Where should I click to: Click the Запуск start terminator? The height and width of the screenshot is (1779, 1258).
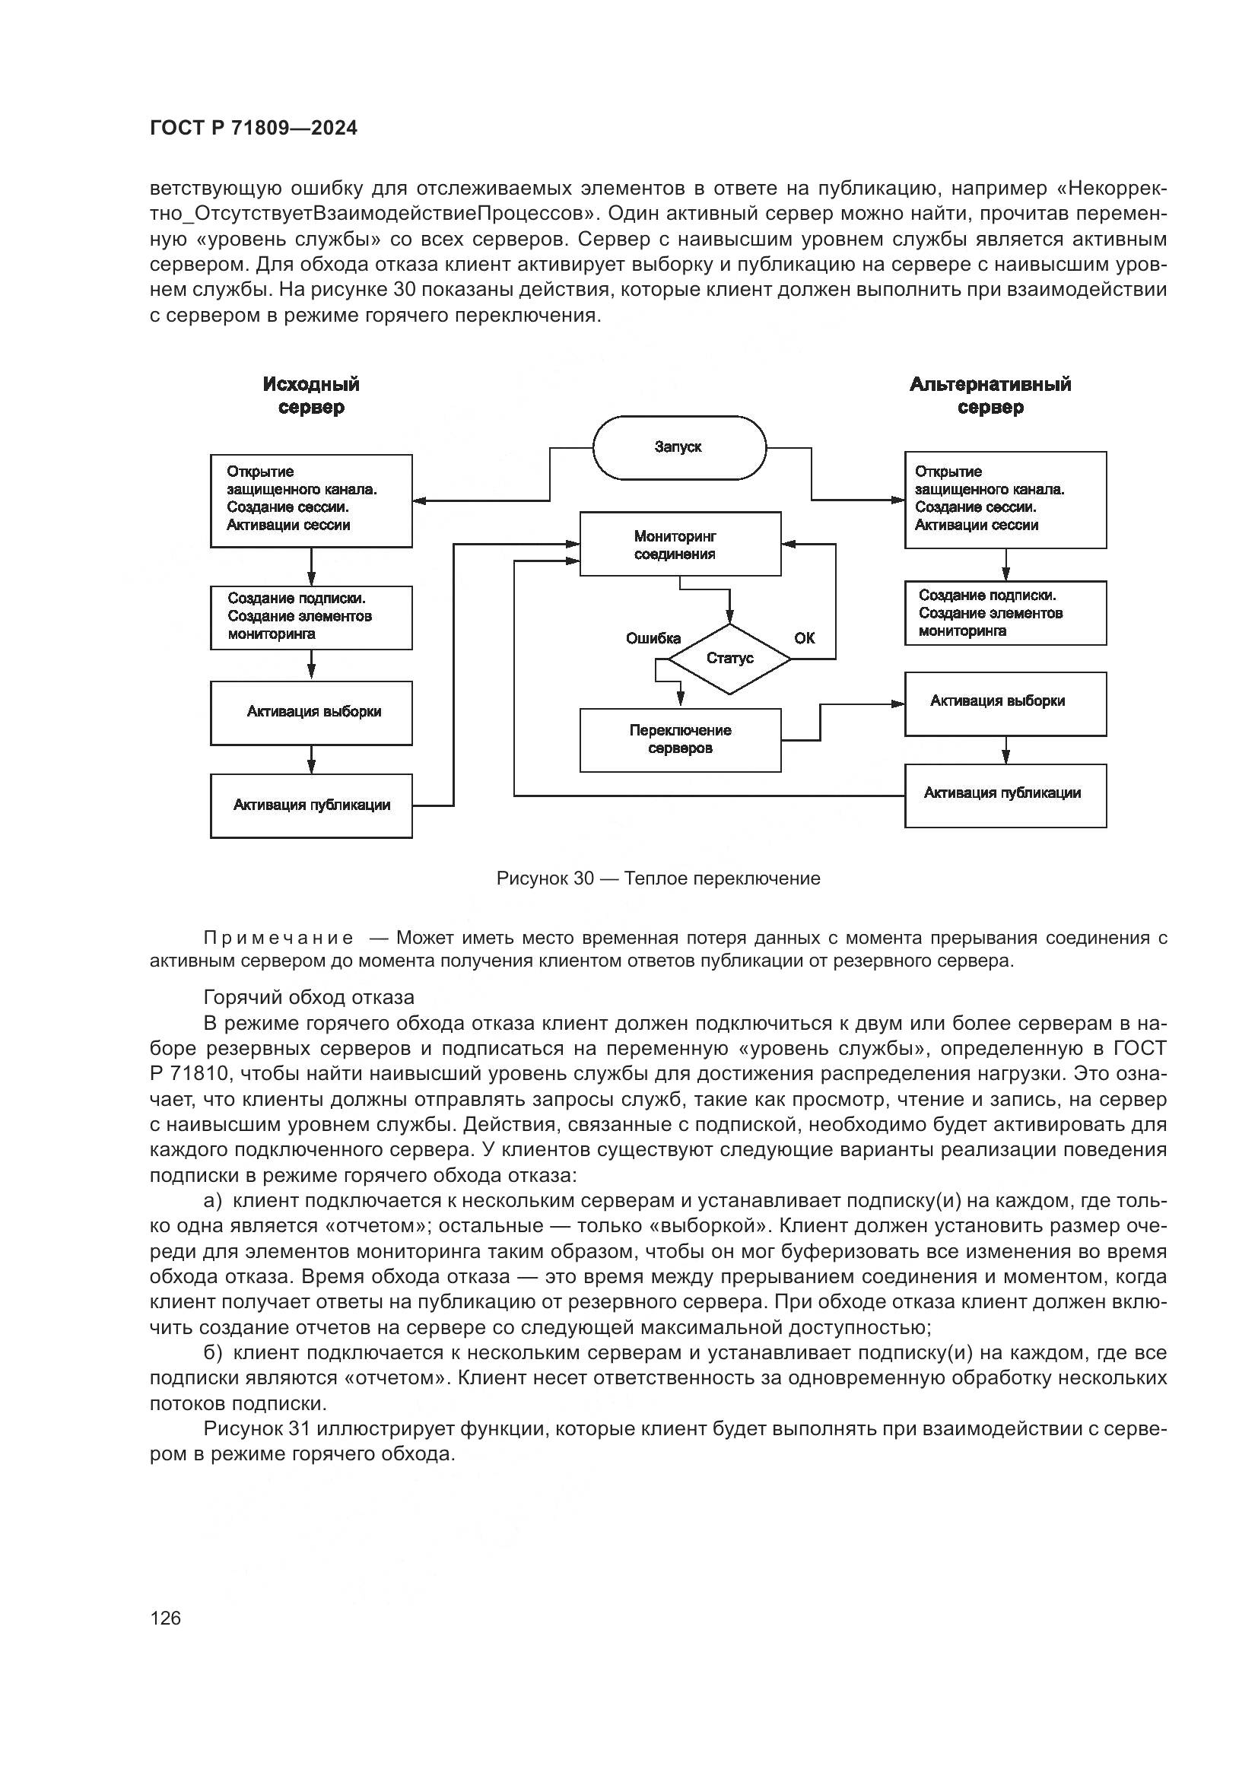click(x=678, y=448)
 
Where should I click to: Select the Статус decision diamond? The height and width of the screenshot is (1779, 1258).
click(x=729, y=659)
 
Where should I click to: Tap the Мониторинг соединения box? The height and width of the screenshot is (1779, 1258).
click(x=679, y=544)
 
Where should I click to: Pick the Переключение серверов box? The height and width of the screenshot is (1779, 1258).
click(x=679, y=740)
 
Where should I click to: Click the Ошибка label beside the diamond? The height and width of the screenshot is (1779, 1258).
click(x=653, y=638)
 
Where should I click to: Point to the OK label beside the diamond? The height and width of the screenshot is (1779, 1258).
click(x=804, y=638)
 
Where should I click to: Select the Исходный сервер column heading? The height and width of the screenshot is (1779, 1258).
click(x=311, y=396)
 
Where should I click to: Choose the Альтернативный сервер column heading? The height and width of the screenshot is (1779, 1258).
click(x=990, y=396)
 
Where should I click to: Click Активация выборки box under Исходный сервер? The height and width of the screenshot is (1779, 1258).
click(x=311, y=713)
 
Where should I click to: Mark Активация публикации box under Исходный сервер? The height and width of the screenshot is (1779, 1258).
click(x=311, y=805)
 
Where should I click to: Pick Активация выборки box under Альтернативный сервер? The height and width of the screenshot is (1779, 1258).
click(x=1005, y=703)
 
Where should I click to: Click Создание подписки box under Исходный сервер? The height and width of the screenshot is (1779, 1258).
click(x=311, y=617)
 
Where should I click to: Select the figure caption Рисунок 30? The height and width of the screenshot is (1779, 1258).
click(x=658, y=878)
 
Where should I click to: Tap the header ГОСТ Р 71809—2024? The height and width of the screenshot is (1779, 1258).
click(x=254, y=129)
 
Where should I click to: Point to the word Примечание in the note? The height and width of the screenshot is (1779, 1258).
click(x=279, y=939)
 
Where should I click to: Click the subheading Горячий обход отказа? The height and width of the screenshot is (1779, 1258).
click(x=308, y=997)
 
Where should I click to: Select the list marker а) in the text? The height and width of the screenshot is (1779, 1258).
click(x=212, y=1201)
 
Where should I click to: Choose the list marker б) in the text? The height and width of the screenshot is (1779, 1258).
click(x=212, y=1353)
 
